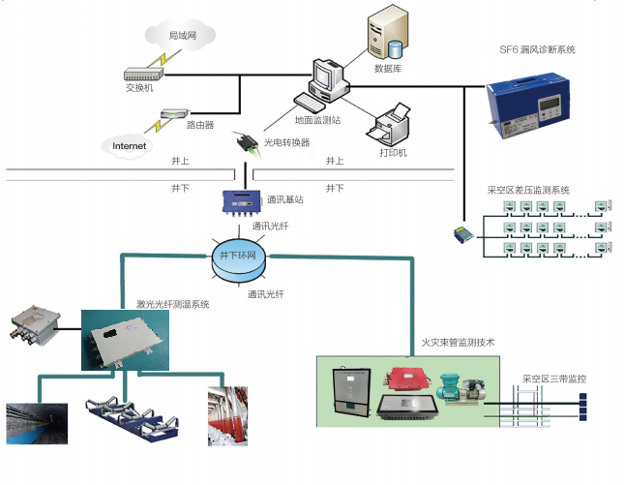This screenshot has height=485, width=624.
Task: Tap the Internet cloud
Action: [129, 146]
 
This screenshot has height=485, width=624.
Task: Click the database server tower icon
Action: [383, 36]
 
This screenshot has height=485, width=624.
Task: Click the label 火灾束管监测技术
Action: [458, 343]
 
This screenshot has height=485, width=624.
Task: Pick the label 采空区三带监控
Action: [554, 379]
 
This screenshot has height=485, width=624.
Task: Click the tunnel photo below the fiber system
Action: [37, 423]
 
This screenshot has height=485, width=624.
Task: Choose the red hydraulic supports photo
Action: [227, 416]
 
